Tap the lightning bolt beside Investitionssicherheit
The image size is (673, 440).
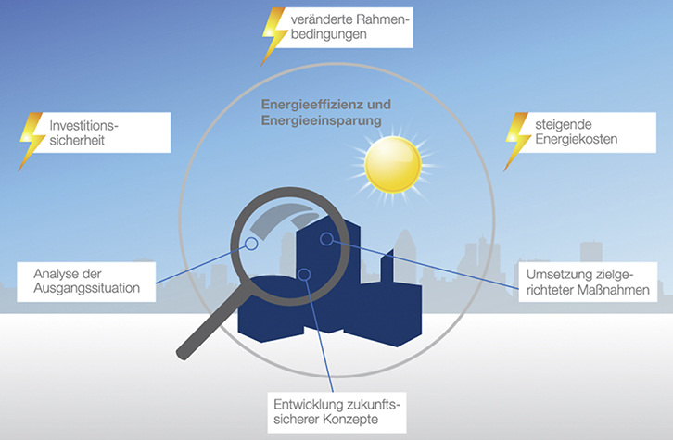coord(32,139)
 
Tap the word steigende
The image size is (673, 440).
coord(563,123)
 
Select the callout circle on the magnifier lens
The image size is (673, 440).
coord(250,245)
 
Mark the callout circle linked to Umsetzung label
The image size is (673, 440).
coord(326,239)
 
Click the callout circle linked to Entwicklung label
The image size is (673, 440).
coord(305,274)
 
